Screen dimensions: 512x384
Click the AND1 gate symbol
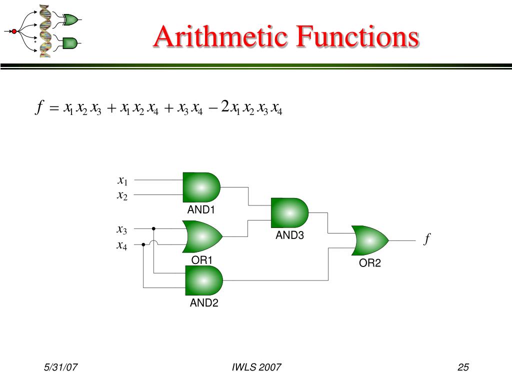201,187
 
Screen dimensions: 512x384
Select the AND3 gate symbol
289,213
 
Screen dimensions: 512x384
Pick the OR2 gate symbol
370,240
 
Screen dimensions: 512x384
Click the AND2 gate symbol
203,280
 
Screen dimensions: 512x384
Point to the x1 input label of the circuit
122,180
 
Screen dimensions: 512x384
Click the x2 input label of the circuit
122,195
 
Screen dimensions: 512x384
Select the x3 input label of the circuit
122,230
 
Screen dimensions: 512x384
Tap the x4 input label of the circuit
122,245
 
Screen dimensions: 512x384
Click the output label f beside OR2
427,240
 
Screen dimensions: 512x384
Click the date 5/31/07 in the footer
60,368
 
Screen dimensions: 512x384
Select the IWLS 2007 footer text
256,368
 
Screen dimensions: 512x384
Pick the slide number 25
463,368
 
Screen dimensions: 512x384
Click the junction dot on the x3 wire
153,228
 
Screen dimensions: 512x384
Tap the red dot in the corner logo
14,31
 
